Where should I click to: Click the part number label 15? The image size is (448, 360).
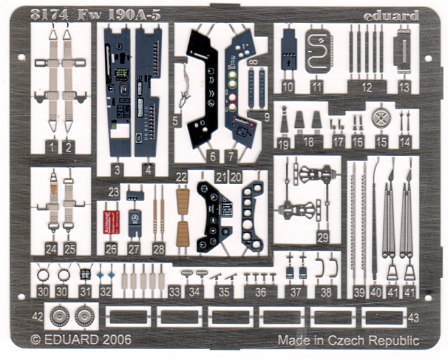381,143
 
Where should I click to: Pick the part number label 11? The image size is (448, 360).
316,88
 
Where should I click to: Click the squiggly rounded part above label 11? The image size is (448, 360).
316,49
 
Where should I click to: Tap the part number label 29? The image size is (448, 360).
322,237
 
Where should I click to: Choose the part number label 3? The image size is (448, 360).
117,169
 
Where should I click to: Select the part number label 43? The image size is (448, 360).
413,317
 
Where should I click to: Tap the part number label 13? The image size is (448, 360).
404,88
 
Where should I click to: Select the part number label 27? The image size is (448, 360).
134,249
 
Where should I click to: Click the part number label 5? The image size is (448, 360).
177,119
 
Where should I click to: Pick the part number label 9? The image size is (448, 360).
266,117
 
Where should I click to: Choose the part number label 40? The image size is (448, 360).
376,292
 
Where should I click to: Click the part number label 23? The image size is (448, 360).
114,191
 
